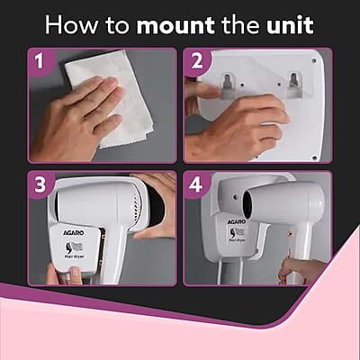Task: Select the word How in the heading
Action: (x=70, y=24)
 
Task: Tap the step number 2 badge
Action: (x=196, y=62)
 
